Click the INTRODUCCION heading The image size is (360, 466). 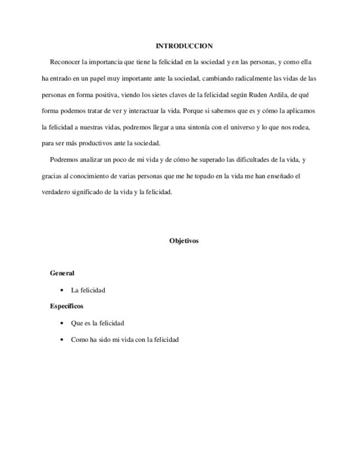184,46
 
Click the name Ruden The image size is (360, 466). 251,95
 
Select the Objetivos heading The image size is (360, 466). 184,241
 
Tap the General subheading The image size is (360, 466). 62,273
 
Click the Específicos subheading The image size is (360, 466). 67,306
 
